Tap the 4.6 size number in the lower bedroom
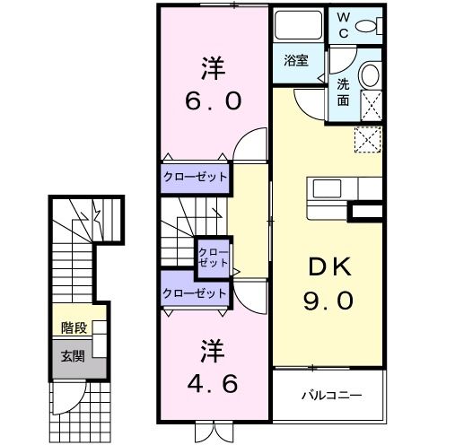coord(213,384)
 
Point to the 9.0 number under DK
coord(327,301)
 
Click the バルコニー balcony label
coord(329,393)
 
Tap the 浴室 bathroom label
coord(296,61)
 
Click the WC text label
coord(345,25)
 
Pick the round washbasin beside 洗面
coord(369,76)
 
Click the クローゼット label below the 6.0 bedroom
coord(196,177)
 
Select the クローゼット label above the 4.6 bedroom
coord(196,292)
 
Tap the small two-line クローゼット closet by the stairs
coord(213,257)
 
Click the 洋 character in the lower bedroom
coord(213,348)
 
